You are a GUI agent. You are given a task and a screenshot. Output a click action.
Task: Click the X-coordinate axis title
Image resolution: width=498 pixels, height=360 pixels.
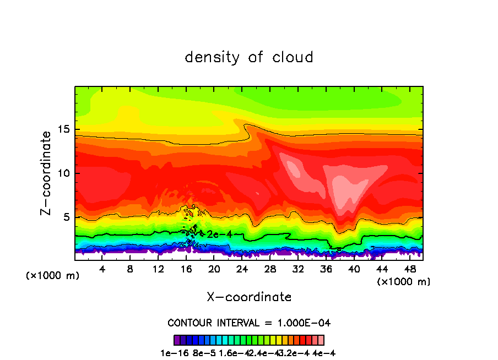[249, 297]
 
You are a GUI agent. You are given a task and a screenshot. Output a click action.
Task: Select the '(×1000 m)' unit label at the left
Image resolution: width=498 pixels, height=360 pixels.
[52, 276]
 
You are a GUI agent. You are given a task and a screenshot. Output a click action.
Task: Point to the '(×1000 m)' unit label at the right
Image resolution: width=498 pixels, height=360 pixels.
[404, 281]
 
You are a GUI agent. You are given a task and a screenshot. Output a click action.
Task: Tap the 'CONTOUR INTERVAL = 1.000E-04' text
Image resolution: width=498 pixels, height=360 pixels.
[249, 323]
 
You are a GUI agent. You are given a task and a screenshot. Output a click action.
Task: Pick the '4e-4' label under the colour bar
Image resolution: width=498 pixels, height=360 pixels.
[324, 353]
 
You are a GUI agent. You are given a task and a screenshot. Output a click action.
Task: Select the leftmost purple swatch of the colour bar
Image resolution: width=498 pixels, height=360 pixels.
[177, 340]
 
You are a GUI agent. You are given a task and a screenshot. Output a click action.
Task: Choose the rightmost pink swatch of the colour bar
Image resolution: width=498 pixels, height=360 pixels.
[321, 340]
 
